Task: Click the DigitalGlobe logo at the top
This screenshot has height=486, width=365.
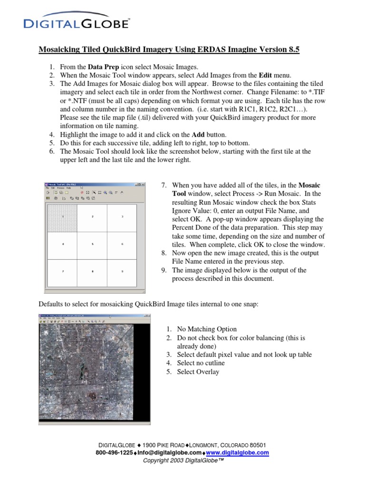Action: point(76,23)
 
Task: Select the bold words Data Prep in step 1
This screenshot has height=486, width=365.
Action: point(104,67)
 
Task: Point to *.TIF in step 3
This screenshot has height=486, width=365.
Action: point(299,93)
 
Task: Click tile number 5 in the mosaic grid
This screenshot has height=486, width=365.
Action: point(92,243)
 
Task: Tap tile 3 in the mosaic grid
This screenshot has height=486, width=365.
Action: point(122,216)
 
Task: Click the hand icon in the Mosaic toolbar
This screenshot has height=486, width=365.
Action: point(122,193)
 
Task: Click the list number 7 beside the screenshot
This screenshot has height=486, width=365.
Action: point(164,185)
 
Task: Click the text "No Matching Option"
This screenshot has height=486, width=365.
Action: point(206,329)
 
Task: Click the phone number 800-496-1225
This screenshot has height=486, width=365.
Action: point(114,453)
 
